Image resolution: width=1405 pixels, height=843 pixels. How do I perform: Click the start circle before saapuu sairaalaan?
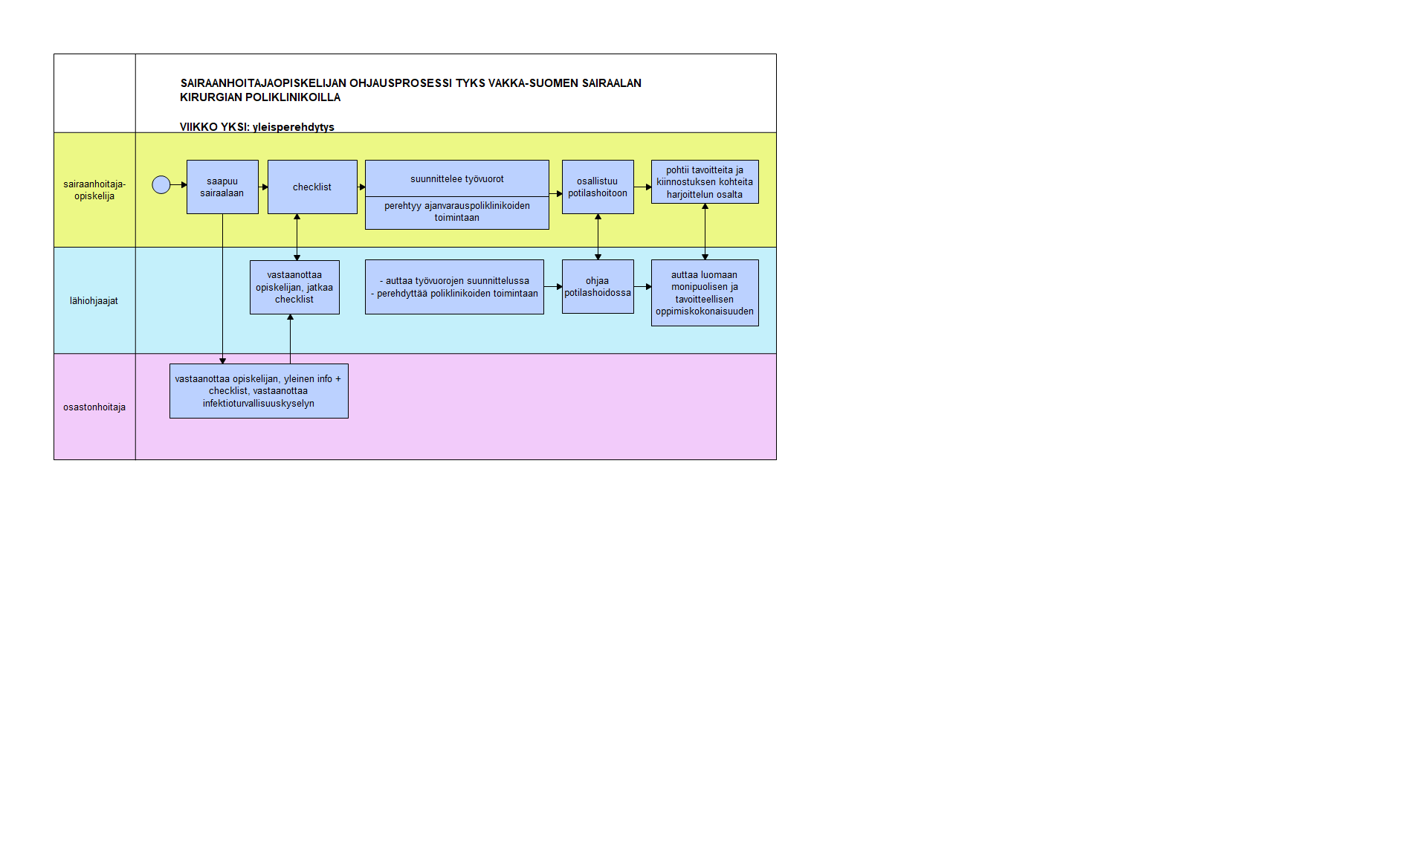161,185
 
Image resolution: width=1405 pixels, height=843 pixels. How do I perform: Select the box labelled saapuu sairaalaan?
222,187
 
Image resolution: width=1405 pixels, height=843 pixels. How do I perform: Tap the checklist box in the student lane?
312,187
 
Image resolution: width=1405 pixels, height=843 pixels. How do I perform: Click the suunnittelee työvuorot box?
457,178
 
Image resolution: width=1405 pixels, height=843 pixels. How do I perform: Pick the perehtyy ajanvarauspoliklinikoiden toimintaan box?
457,213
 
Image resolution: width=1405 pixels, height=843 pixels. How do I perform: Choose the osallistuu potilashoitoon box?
598,187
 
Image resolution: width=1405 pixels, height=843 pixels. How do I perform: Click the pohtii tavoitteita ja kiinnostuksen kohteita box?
705,181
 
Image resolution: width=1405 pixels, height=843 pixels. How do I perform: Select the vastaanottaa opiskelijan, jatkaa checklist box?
294,287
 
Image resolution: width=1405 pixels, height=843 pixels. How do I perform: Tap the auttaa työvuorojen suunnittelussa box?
454,287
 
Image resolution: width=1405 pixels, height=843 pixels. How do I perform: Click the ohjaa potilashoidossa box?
598,286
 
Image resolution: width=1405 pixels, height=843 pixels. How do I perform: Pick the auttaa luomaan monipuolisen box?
705,293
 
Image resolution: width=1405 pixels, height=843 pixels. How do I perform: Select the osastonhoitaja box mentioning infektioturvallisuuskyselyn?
259,391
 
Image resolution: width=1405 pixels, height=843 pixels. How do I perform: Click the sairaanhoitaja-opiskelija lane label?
94,190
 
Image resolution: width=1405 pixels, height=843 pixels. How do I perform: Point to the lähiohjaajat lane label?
94,301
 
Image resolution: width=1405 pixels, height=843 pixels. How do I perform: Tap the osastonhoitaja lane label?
94,407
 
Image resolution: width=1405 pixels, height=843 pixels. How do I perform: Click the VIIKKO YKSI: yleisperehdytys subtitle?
257,127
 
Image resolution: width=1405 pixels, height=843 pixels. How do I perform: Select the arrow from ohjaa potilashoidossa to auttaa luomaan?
643,286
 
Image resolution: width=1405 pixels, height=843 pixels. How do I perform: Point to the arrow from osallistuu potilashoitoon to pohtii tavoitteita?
643,187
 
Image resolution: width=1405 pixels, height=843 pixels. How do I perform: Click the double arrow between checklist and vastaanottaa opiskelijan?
297,237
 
